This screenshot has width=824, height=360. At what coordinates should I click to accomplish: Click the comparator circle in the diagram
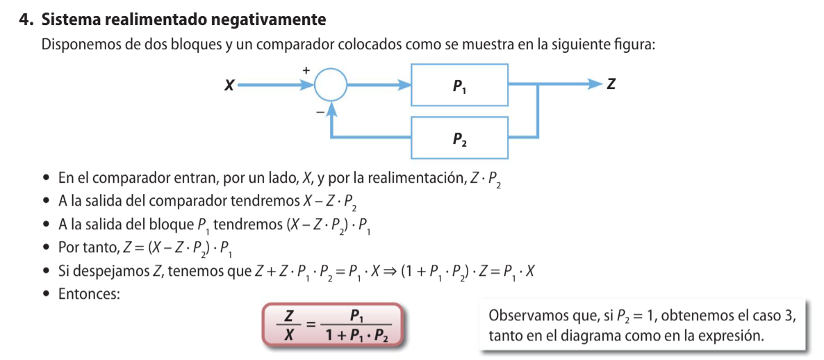pos(330,85)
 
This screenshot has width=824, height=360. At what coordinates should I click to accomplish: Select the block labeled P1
pos(459,85)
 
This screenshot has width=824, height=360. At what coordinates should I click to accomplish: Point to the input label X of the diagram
pos(229,85)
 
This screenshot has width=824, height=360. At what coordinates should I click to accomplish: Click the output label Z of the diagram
pos(611,85)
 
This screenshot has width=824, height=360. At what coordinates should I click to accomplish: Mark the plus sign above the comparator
pos(306,69)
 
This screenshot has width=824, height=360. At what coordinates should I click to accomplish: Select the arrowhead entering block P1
pos(404,85)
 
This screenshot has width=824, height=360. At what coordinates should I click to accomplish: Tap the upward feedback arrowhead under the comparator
pos(332,108)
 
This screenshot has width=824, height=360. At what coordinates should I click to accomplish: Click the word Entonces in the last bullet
pos(88,294)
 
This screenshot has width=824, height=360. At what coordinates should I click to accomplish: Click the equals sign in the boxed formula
pos(311,324)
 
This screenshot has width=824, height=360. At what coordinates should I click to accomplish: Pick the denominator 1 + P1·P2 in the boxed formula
pos(357,335)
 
